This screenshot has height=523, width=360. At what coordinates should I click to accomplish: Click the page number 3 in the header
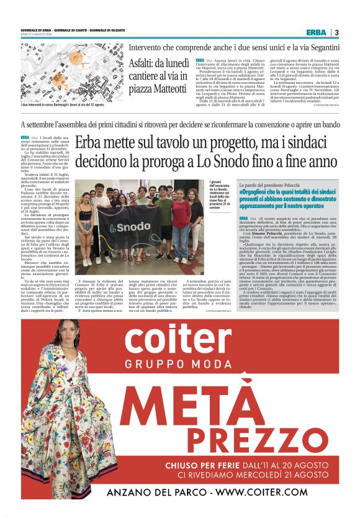[336, 32]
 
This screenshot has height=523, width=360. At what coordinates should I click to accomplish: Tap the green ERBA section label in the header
[317, 32]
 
